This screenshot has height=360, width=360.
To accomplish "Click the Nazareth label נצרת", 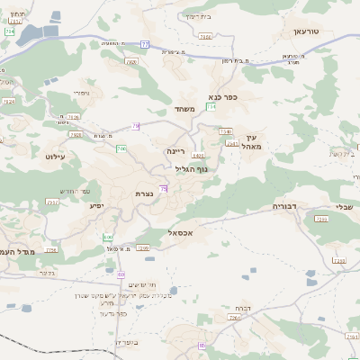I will point(143,193).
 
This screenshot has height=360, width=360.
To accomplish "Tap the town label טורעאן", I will point(306,31).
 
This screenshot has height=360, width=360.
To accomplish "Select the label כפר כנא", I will point(222,97).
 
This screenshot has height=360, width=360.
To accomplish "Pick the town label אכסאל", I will point(182,232).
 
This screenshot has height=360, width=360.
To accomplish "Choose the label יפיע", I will point(97,205).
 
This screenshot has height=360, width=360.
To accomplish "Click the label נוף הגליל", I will point(189,168).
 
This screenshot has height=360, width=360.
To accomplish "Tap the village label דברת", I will point(241,306).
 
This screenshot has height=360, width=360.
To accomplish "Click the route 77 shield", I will point(144,43).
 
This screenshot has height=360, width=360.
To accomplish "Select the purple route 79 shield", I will point(136,125).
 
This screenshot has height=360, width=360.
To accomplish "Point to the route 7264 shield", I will point(237,318).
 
